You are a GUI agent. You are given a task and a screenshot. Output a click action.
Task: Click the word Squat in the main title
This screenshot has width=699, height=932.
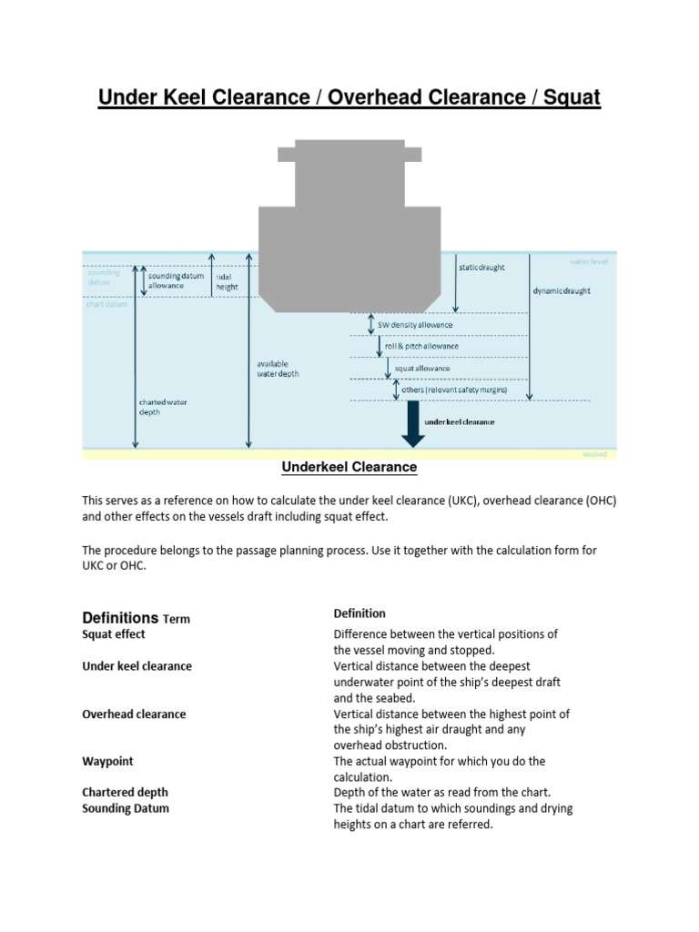[x=572, y=97]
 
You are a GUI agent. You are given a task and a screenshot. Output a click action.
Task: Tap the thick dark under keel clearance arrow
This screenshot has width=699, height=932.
[x=413, y=423]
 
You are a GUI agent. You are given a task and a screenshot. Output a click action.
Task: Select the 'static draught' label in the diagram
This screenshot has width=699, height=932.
[x=481, y=268]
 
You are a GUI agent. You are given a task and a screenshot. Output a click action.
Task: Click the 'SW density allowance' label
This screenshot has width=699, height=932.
[x=417, y=325]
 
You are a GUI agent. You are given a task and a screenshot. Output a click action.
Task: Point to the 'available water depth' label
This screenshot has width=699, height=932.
[x=278, y=369]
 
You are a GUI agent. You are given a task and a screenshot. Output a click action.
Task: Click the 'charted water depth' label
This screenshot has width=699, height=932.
[x=164, y=406]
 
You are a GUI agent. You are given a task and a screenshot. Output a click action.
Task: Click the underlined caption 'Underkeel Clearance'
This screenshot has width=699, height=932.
[x=349, y=467]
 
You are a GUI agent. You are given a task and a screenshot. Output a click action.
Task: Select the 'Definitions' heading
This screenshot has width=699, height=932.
[x=120, y=617]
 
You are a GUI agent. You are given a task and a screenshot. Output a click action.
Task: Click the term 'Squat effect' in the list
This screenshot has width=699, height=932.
[x=114, y=634]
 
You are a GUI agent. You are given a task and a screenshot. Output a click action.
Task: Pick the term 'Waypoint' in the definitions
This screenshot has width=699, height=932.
[x=107, y=761]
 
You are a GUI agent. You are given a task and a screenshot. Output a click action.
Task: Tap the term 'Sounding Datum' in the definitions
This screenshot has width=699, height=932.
[x=126, y=808]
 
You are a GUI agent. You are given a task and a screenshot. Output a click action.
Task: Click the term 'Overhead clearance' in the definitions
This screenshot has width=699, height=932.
[x=134, y=714]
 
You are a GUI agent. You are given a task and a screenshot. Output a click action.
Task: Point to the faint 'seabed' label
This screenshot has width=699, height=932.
[x=593, y=453]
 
